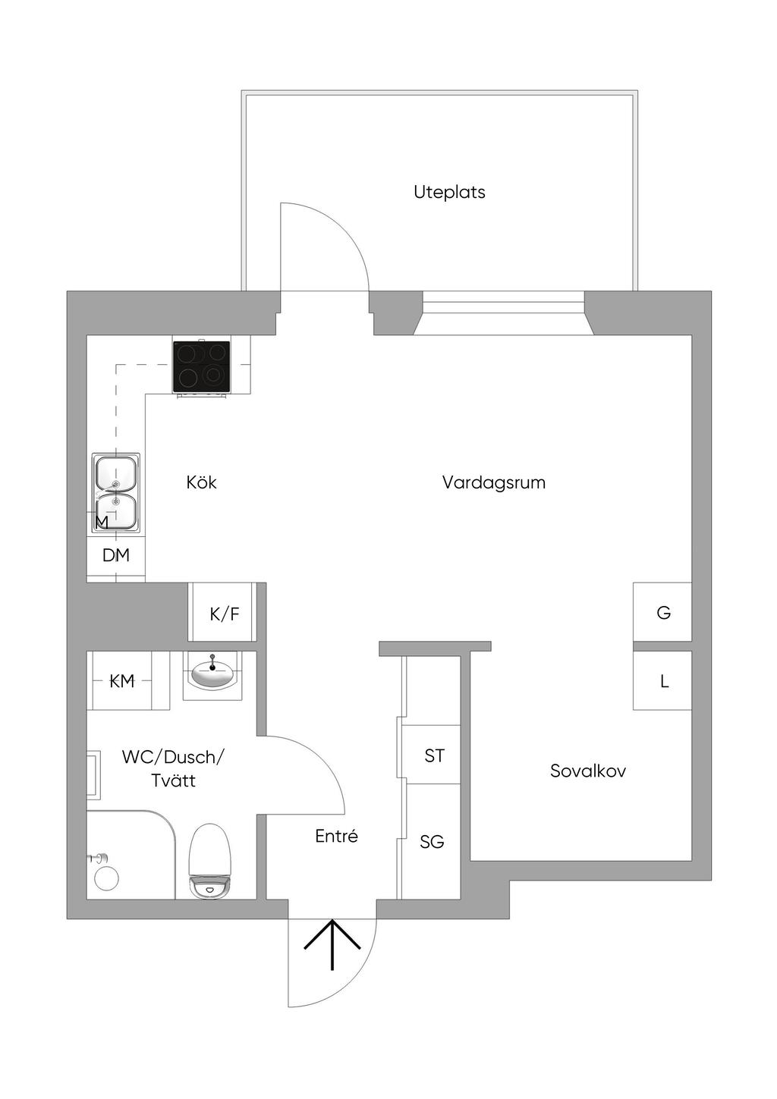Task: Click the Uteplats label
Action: click(449, 192)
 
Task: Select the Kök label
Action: click(201, 482)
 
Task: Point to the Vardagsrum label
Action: click(493, 482)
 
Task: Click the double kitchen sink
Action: click(116, 492)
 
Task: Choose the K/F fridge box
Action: click(224, 613)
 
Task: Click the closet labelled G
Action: click(662, 612)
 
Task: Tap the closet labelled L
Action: click(663, 680)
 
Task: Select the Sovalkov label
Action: click(587, 771)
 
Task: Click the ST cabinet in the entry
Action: click(433, 755)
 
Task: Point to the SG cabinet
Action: click(431, 842)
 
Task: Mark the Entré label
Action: click(336, 837)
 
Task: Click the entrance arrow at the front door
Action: click(332, 944)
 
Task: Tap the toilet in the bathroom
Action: click(209, 862)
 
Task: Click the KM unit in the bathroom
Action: click(121, 681)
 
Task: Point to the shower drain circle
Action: click(106, 878)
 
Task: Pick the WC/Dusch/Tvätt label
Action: click(173, 768)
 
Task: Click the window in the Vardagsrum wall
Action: click(502, 312)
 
